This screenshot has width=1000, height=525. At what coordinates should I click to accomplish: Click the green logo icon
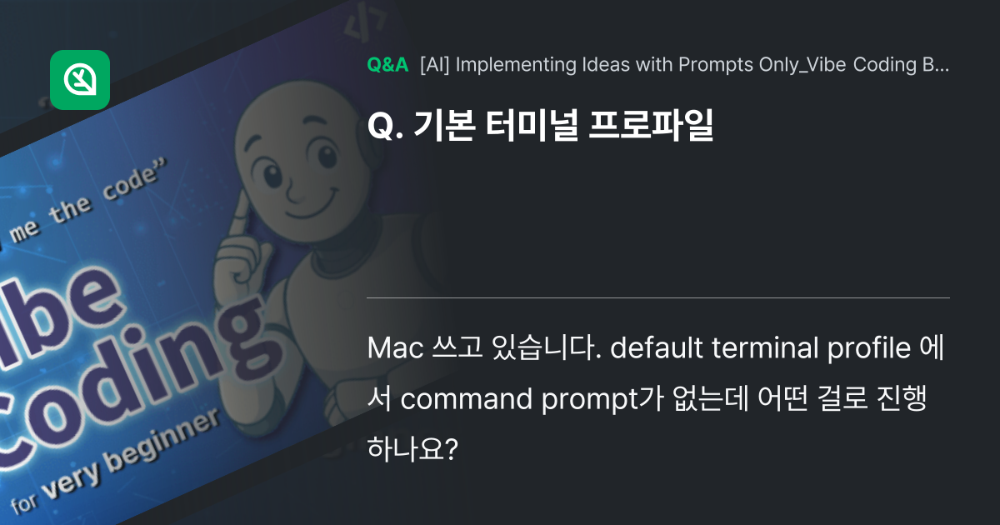pyautogui.click(x=80, y=80)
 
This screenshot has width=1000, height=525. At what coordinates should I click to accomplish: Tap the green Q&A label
pyautogui.click(x=387, y=65)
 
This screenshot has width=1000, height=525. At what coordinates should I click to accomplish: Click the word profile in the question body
pyautogui.click(x=868, y=347)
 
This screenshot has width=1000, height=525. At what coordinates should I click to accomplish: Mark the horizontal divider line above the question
pyautogui.click(x=658, y=297)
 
